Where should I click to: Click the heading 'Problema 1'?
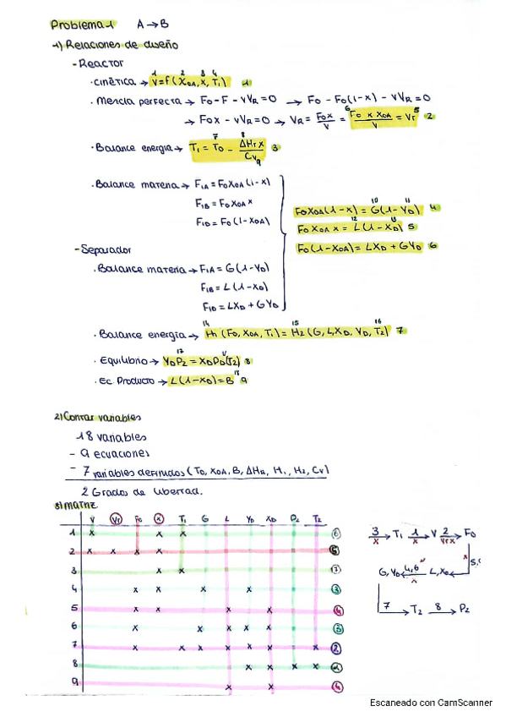pyautogui.click(x=84, y=25)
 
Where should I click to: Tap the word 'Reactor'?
pyautogui.click(x=100, y=63)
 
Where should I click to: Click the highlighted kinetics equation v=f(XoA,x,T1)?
pyautogui.click(x=187, y=82)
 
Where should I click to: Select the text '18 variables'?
pyautogui.click(x=111, y=437)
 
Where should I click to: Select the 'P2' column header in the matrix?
pyautogui.click(x=294, y=517)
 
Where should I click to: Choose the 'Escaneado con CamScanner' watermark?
pyautogui.click(x=431, y=703)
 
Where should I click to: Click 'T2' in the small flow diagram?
pyautogui.click(x=418, y=609)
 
